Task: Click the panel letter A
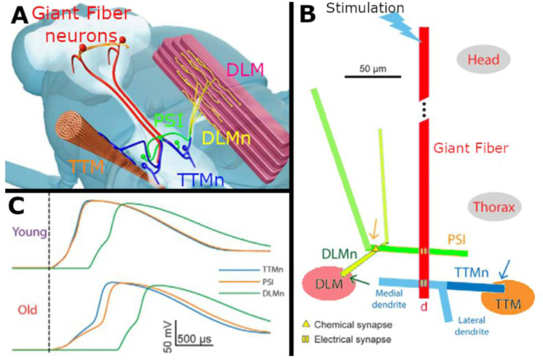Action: (19, 16)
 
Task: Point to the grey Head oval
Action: (483, 60)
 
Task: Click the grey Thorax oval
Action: (494, 207)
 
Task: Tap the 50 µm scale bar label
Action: (373, 69)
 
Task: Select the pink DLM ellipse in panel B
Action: (329, 283)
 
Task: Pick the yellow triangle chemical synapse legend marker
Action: (306, 324)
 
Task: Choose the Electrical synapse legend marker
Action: (306, 339)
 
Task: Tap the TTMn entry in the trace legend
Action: (273, 270)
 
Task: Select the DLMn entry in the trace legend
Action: (273, 293)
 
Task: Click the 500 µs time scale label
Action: (194, 339)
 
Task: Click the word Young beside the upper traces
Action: (30, 232)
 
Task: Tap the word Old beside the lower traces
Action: (27, 309)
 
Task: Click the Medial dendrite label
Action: (389, 299)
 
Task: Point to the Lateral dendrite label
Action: (471, 325)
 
